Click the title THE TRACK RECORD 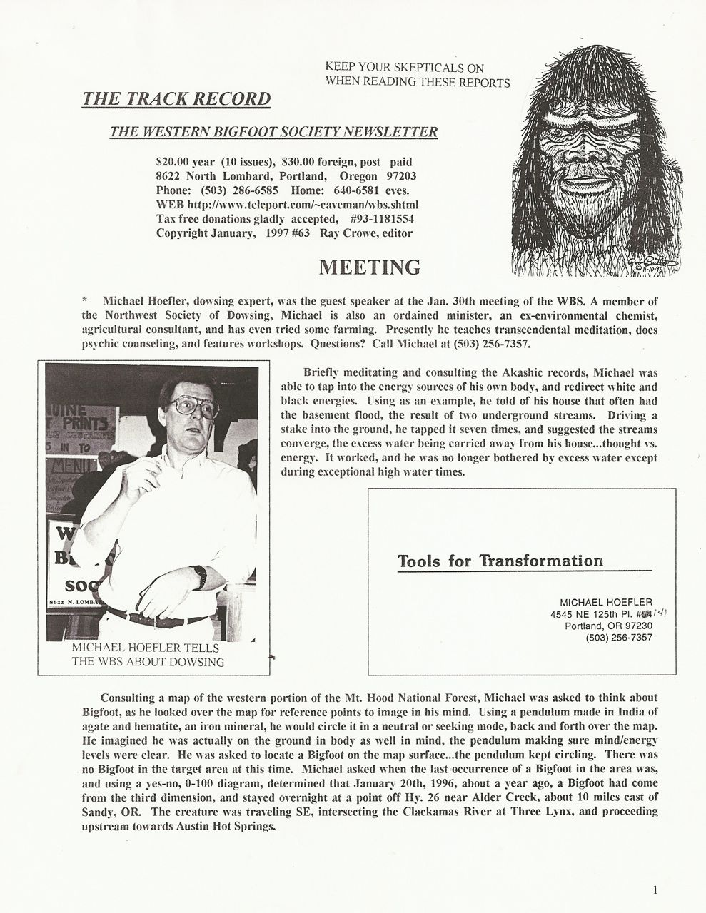(176, 98)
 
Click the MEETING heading (369, 267)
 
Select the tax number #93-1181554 (383, 219)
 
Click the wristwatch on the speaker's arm (201, 576)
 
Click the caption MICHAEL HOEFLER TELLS (146, 648)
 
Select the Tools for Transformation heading (500, 561)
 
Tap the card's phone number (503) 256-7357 (618, 638)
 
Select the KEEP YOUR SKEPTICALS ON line (404, 68)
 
